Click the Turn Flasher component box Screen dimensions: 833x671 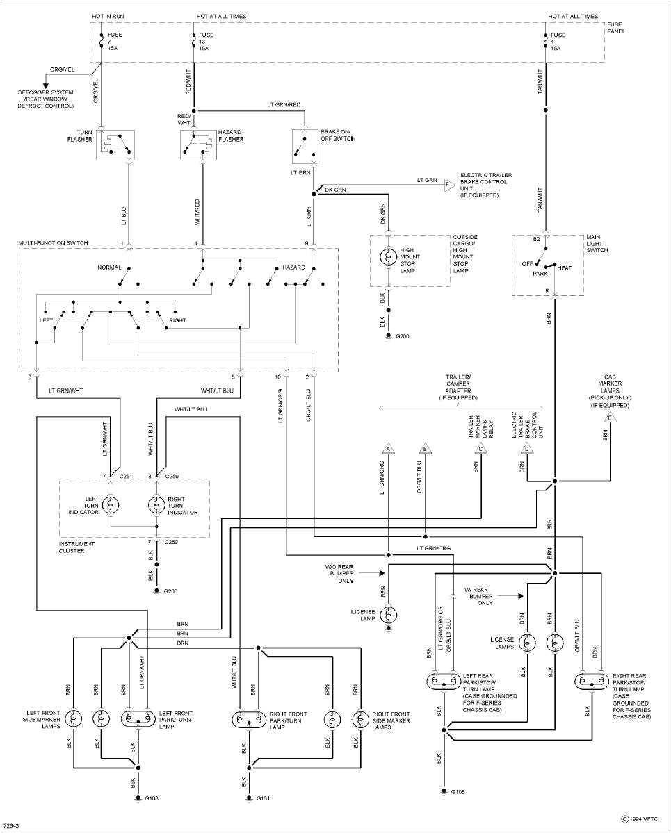[114, 145]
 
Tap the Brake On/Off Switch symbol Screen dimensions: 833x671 [303, 145]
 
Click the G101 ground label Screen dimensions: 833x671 [263, 798]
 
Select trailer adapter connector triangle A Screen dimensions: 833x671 [388, 448]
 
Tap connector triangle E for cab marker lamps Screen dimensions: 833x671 [610, 418]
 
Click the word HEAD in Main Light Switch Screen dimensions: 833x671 [565, 267]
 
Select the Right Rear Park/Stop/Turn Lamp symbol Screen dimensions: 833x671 [592, 681]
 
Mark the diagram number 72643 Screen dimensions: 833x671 [13, 826]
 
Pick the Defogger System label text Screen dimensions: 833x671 [46, 99]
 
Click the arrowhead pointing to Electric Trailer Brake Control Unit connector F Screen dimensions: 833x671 [449, 185]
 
